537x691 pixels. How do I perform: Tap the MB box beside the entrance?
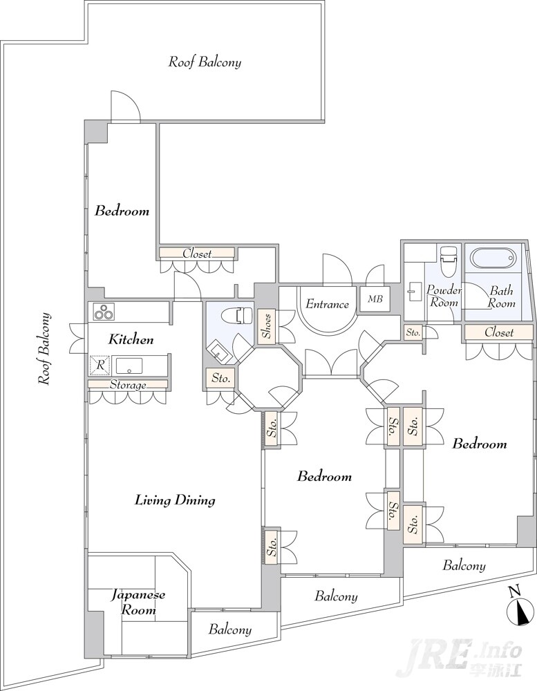(x=375, y=299)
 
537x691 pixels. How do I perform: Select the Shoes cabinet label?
(x=267, y=326)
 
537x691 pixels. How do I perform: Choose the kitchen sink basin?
(x=129, y=366)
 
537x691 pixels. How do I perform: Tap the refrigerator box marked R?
(x=100, y=366)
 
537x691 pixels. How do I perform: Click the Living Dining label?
(x=175, y=500)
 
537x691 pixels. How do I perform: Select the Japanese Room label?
(x=138, y=602)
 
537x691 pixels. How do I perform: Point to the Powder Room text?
(x=444, y=296)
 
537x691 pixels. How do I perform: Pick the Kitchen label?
(x=131, y=340)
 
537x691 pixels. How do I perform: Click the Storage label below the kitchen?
(x=128, y=385)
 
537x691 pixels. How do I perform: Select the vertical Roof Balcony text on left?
(x=44, y=349)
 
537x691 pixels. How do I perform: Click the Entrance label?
(x=327, y=303)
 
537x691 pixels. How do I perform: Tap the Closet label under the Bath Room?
(x=499, y=332)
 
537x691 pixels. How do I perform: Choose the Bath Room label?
(x=501, y=296)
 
